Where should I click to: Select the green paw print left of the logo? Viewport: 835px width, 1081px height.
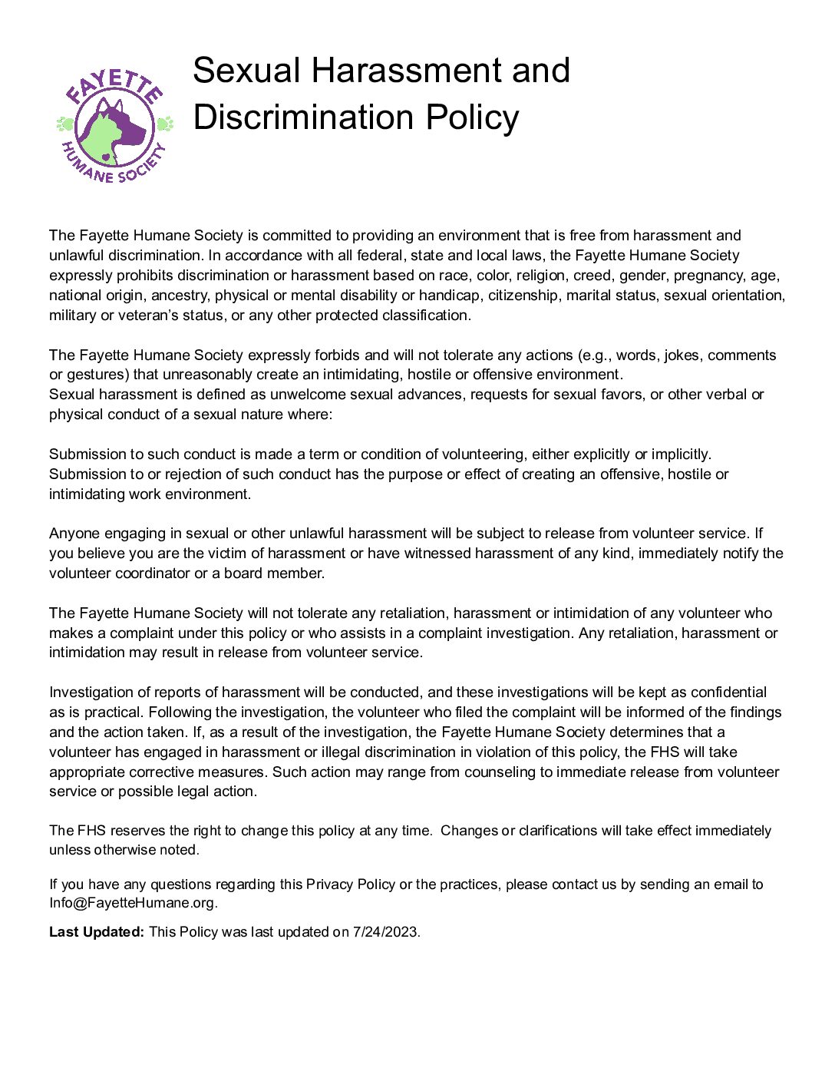tap(65, 124)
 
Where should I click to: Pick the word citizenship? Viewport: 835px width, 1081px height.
tap(523, 296)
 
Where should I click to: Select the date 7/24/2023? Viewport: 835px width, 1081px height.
tap(384, 933)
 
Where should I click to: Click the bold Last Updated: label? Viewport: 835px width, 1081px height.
tap(97, 933)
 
